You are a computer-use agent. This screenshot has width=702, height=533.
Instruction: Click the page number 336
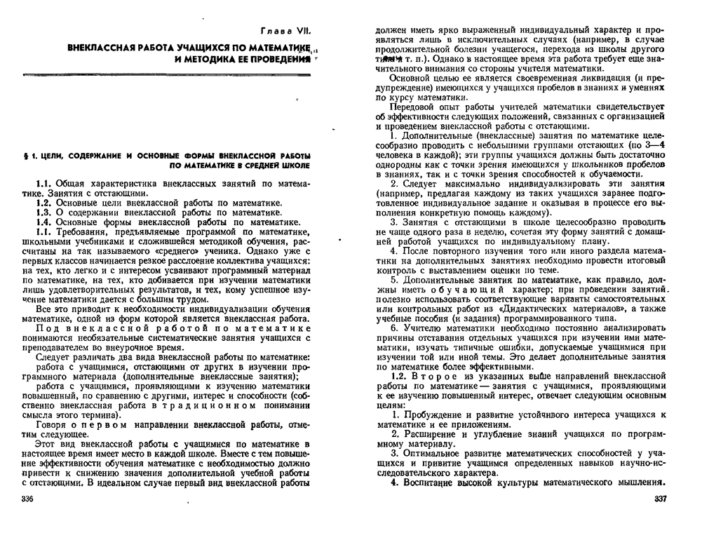[x=29, y=499]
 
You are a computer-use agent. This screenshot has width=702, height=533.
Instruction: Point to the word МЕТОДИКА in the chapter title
[x=210, y=61]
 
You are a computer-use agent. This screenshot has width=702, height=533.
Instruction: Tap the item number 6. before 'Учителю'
[x=394, y=327]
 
